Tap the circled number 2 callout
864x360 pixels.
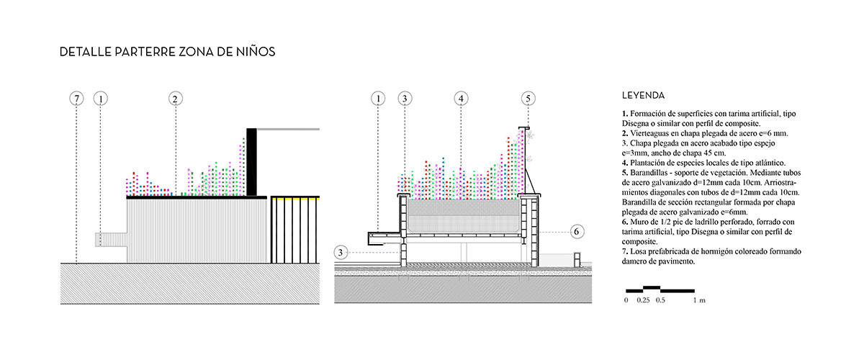pos(175,98)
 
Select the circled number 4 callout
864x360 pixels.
pos(462,98)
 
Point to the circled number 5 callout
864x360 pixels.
pos(528,98)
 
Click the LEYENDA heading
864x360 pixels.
pos(642,95)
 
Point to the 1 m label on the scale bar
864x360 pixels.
pos(696,299)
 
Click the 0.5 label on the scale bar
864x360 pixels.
pos(661,299)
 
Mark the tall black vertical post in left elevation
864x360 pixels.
pos(251,161)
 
